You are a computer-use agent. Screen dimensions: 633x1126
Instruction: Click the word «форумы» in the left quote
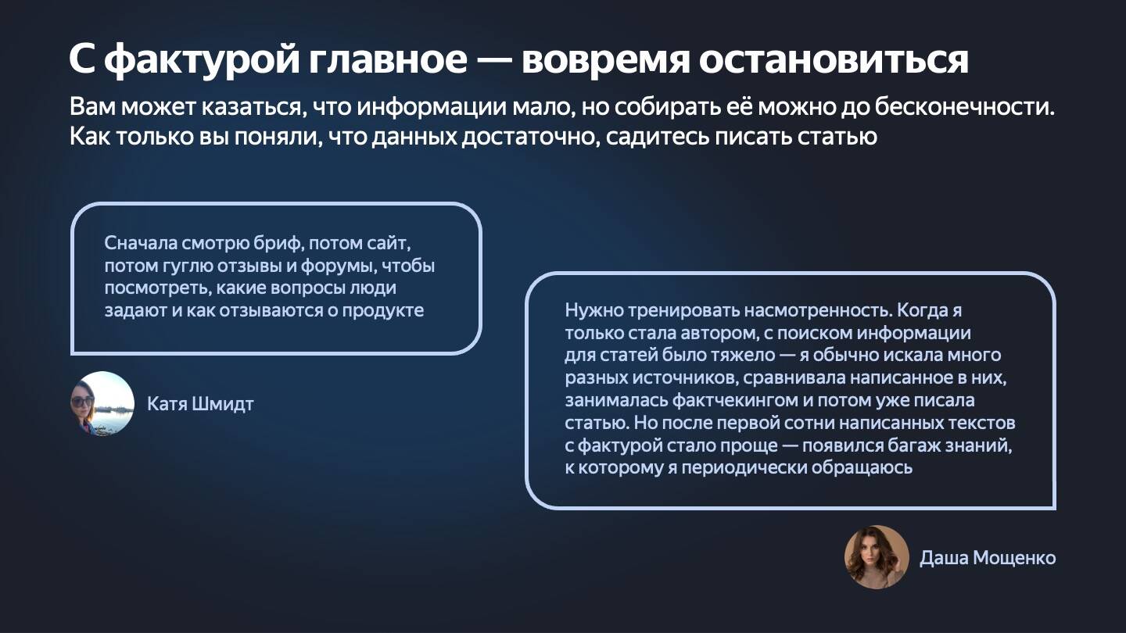pyautogui.click(x=345, y=266)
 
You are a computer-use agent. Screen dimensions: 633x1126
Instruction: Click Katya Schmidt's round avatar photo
pyautogui.click(x=102, y=403)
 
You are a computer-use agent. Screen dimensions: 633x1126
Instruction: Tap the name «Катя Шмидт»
pyautogui.click(x=200, y=404)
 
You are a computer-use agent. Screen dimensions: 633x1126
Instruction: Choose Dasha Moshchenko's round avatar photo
pyautogui.click(x=877, y=557)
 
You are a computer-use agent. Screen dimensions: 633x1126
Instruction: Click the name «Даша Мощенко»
pyautogui.click(x=988, y=558)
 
